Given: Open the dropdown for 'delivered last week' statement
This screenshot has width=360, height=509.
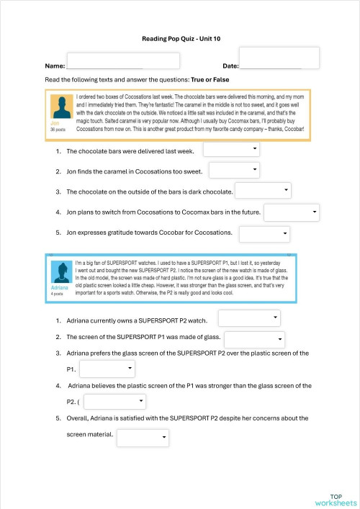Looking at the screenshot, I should [232, 150].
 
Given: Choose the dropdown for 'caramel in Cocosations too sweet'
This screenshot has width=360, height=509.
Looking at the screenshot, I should [234, 171].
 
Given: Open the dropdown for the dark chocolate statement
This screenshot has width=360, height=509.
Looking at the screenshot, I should [263, 191].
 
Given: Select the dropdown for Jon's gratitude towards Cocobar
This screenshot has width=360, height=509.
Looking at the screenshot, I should [264, 234].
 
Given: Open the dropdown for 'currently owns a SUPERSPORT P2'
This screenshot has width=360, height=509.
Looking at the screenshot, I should [249, 317].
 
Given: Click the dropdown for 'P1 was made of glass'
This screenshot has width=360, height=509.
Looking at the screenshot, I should [255, 339].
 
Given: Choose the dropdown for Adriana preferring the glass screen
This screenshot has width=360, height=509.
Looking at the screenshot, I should [107, 369].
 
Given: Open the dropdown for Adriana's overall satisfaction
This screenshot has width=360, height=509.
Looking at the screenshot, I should [143, 437].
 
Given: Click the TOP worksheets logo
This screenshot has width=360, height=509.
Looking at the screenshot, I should [336, 499].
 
